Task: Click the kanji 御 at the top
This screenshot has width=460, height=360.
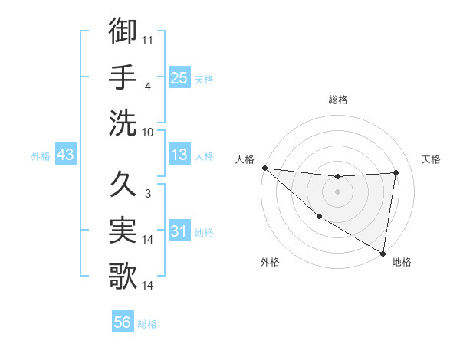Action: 123,32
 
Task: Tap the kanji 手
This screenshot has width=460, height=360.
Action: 123,77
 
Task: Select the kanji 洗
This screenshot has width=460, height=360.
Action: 123,123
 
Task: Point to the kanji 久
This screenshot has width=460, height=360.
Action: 123,185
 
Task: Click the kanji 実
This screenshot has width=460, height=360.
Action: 123,230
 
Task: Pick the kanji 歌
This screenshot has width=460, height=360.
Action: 123,276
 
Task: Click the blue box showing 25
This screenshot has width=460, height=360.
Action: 179,77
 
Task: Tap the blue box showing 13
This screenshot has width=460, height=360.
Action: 179,155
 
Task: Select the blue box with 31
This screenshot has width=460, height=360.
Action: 179,231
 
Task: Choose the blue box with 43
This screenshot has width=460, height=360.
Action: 65,155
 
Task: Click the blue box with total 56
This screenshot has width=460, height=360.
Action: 123,322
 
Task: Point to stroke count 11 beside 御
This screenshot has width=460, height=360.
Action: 148,39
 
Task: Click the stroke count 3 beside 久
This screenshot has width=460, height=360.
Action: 147,194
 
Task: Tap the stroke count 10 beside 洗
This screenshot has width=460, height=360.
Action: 149,131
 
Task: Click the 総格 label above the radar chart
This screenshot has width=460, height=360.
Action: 337,100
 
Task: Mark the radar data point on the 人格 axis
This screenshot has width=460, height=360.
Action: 264,168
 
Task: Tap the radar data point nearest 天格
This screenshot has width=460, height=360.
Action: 396,172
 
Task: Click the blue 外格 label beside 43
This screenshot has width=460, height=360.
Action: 41,156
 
